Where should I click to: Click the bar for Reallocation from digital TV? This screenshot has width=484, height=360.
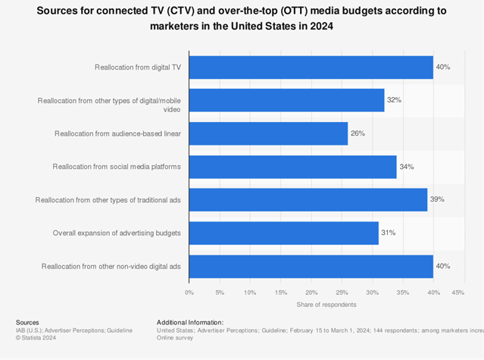coord(311,67)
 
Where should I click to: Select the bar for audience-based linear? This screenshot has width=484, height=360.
coord(268,133)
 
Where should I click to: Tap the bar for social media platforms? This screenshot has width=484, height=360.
coord(292,167)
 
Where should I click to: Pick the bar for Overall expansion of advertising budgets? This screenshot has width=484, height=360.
coord(283,233)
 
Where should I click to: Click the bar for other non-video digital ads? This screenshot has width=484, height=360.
coord(311,266)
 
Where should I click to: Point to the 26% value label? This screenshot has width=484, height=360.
coord(358,133)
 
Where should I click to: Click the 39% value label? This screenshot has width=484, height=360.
coord(437,200)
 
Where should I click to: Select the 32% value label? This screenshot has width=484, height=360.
coord(395,100)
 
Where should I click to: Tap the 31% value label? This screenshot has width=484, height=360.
coord(389,233)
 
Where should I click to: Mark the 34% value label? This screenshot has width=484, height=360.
coord(407,167)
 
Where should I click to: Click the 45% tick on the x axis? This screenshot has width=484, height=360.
coord(457,292)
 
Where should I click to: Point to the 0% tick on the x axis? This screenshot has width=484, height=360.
coord(189,292)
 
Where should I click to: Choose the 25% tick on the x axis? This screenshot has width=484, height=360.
coord(342,292)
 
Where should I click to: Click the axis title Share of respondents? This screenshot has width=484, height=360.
coord(326,304)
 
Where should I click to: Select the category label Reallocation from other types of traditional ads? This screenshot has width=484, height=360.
coord(108,200)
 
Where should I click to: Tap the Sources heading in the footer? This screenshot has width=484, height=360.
coord(27,322)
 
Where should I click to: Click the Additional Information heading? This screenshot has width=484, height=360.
coord(190,322)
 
